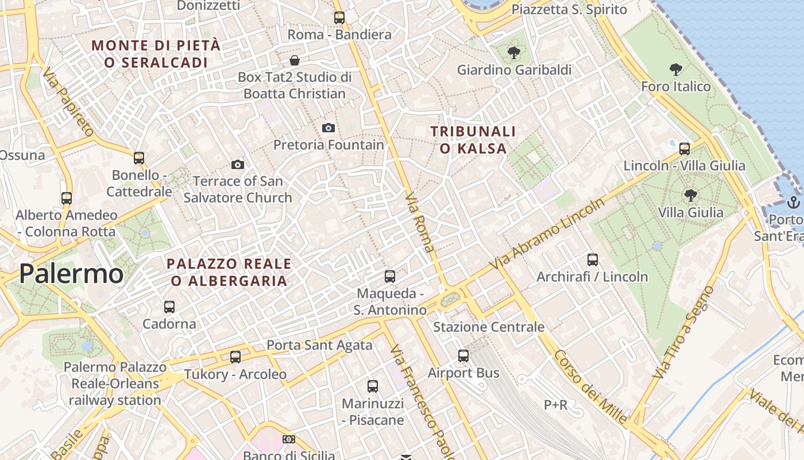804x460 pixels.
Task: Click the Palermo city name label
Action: click(71, 274)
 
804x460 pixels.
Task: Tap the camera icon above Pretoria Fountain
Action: click(328, 128)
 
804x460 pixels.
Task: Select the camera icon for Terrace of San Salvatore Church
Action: click(238, 165)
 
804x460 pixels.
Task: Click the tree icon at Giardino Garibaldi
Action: click(513, 53)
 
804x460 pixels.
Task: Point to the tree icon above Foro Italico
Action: click(676, 70)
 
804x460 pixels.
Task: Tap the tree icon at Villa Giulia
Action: click(690, 196)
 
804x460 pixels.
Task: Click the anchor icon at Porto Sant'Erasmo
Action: click(793, 202)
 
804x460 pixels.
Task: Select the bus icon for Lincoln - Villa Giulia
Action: click(685, 149)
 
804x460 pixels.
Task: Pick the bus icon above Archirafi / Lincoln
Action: click(593, 260)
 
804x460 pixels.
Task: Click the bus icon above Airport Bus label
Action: click(463, 356)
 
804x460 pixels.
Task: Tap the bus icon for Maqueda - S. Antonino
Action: click(390, 277)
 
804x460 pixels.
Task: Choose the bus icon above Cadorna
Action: click(169, 307)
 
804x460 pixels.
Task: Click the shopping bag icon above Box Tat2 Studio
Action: click(295, 60)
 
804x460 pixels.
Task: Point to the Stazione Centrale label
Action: click(488, 327)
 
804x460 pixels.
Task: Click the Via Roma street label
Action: click(420, 223)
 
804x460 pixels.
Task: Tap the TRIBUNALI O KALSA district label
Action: click(473, 140)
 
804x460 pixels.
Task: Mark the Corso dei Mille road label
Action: click(590, 386)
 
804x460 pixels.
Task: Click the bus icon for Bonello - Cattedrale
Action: click(139, 158)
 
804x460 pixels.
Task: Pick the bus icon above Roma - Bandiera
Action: click(339, 18)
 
